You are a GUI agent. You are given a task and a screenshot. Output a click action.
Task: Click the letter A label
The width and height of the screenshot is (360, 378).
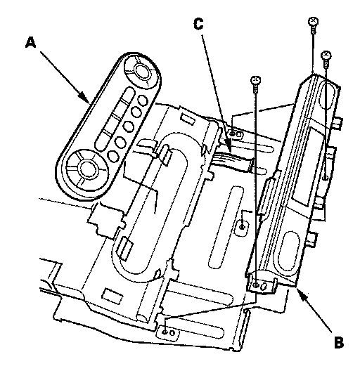pos(31,43)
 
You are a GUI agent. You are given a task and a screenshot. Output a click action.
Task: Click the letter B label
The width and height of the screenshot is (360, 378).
pos(338,342)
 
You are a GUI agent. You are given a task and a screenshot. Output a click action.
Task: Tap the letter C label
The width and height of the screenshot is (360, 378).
pos(198,24)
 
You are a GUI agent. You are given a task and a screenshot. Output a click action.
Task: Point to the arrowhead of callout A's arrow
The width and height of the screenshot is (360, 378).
pos(84,98)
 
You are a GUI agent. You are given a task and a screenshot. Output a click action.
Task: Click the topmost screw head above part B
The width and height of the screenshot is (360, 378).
pos(313,22)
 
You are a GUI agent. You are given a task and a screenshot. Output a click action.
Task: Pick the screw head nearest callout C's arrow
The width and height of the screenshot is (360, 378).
pos(255,80)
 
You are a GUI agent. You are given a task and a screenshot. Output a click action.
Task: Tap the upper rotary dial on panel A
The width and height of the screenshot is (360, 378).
pos(142,71)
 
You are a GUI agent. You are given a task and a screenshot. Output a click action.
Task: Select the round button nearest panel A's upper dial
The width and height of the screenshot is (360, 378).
pos(143,100)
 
